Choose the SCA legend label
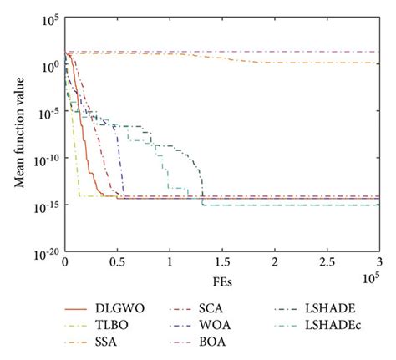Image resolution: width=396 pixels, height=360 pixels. pyautogui.click(x=213, y=308)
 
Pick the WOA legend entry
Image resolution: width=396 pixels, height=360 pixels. pyautogui.click(x=216, y=325)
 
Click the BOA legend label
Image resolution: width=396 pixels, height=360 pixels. pyautogui.click(x=214, y=342)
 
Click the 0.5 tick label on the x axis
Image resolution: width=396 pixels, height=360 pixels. pyautogui.click(x=117, y=261)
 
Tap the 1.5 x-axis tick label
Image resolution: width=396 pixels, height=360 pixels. pyautogui.click(x=221, y=261)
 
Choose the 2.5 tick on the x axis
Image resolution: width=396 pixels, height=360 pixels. pyautogui.click(x=327, y=261)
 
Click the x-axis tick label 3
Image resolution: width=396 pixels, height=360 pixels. pyautogui.click(x=378, y=261)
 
